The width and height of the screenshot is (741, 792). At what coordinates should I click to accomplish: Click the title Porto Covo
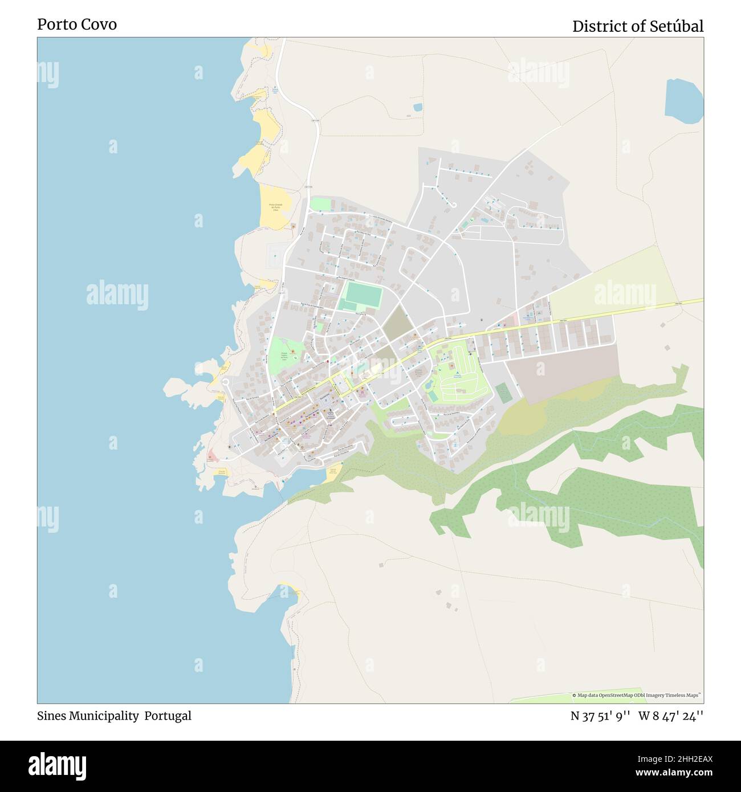pos(77,25)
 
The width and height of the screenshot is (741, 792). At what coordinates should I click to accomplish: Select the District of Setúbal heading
pos(637,26)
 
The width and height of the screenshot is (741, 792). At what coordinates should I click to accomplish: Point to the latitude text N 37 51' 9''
pos(600,716)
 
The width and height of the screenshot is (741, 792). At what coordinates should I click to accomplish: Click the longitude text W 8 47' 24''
pos(670,716)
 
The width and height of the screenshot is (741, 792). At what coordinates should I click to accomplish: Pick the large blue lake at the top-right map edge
pos(684,101)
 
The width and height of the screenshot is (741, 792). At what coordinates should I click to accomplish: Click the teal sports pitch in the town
pos(362,295)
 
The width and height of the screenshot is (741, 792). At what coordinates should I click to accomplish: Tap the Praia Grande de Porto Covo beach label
pos(276,207)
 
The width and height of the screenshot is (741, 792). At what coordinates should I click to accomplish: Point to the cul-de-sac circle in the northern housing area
pos(454,205)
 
